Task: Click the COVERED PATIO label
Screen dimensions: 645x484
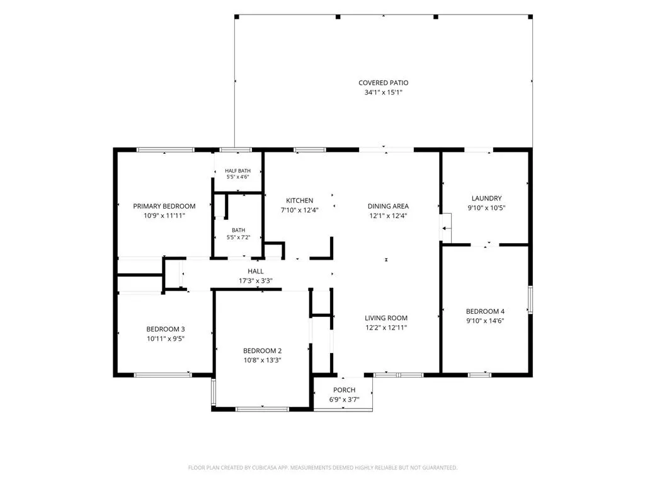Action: point(384,83)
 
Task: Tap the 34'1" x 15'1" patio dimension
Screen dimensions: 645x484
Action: point(384,92)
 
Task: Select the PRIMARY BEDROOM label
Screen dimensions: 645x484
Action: point(164,206)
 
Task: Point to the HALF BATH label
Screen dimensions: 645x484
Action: point(237,171)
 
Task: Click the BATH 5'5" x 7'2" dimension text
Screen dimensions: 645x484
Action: point(239,238)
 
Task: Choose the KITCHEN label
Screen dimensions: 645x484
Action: point(299,200)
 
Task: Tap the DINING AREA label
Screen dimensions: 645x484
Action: point(388,206)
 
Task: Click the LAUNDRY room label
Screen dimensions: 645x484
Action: point(487,199)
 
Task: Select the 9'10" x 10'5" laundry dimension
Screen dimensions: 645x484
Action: point(487,208)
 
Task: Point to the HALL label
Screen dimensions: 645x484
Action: point(256,271)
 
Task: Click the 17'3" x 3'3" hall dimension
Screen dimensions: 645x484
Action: point(256,281)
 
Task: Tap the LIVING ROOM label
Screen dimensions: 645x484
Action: point(386,318)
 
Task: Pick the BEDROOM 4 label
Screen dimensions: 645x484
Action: point(486,311)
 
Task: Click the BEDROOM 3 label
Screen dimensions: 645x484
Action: point(166,329)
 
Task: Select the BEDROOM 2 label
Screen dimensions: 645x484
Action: point(263,350)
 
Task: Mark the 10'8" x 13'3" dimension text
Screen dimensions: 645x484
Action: point(263,360)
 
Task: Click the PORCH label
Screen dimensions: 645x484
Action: point(345,389)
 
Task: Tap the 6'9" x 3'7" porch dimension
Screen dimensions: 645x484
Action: point(345,400)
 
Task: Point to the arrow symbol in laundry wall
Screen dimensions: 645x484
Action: point(446,228)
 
